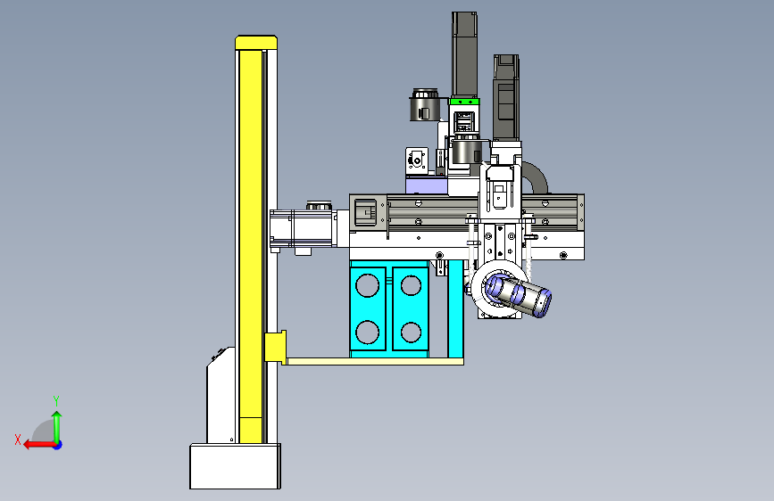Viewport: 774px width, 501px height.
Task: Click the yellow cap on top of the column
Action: pos(256,43)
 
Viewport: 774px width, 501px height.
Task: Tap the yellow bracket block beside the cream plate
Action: pos(275,347)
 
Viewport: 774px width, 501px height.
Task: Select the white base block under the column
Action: pos(235,466)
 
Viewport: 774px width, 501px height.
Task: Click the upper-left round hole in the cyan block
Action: pos(367,285)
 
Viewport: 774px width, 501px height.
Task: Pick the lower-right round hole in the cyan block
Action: pos(411,333)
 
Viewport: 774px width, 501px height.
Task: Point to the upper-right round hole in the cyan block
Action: pos(411,285)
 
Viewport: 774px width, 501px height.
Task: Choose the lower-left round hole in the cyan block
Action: pos(367,332)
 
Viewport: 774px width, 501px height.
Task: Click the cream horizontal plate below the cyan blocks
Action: pos(375,361)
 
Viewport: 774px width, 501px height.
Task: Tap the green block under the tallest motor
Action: pos(464,102)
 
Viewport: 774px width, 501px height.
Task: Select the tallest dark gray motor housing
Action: pos(464,54)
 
